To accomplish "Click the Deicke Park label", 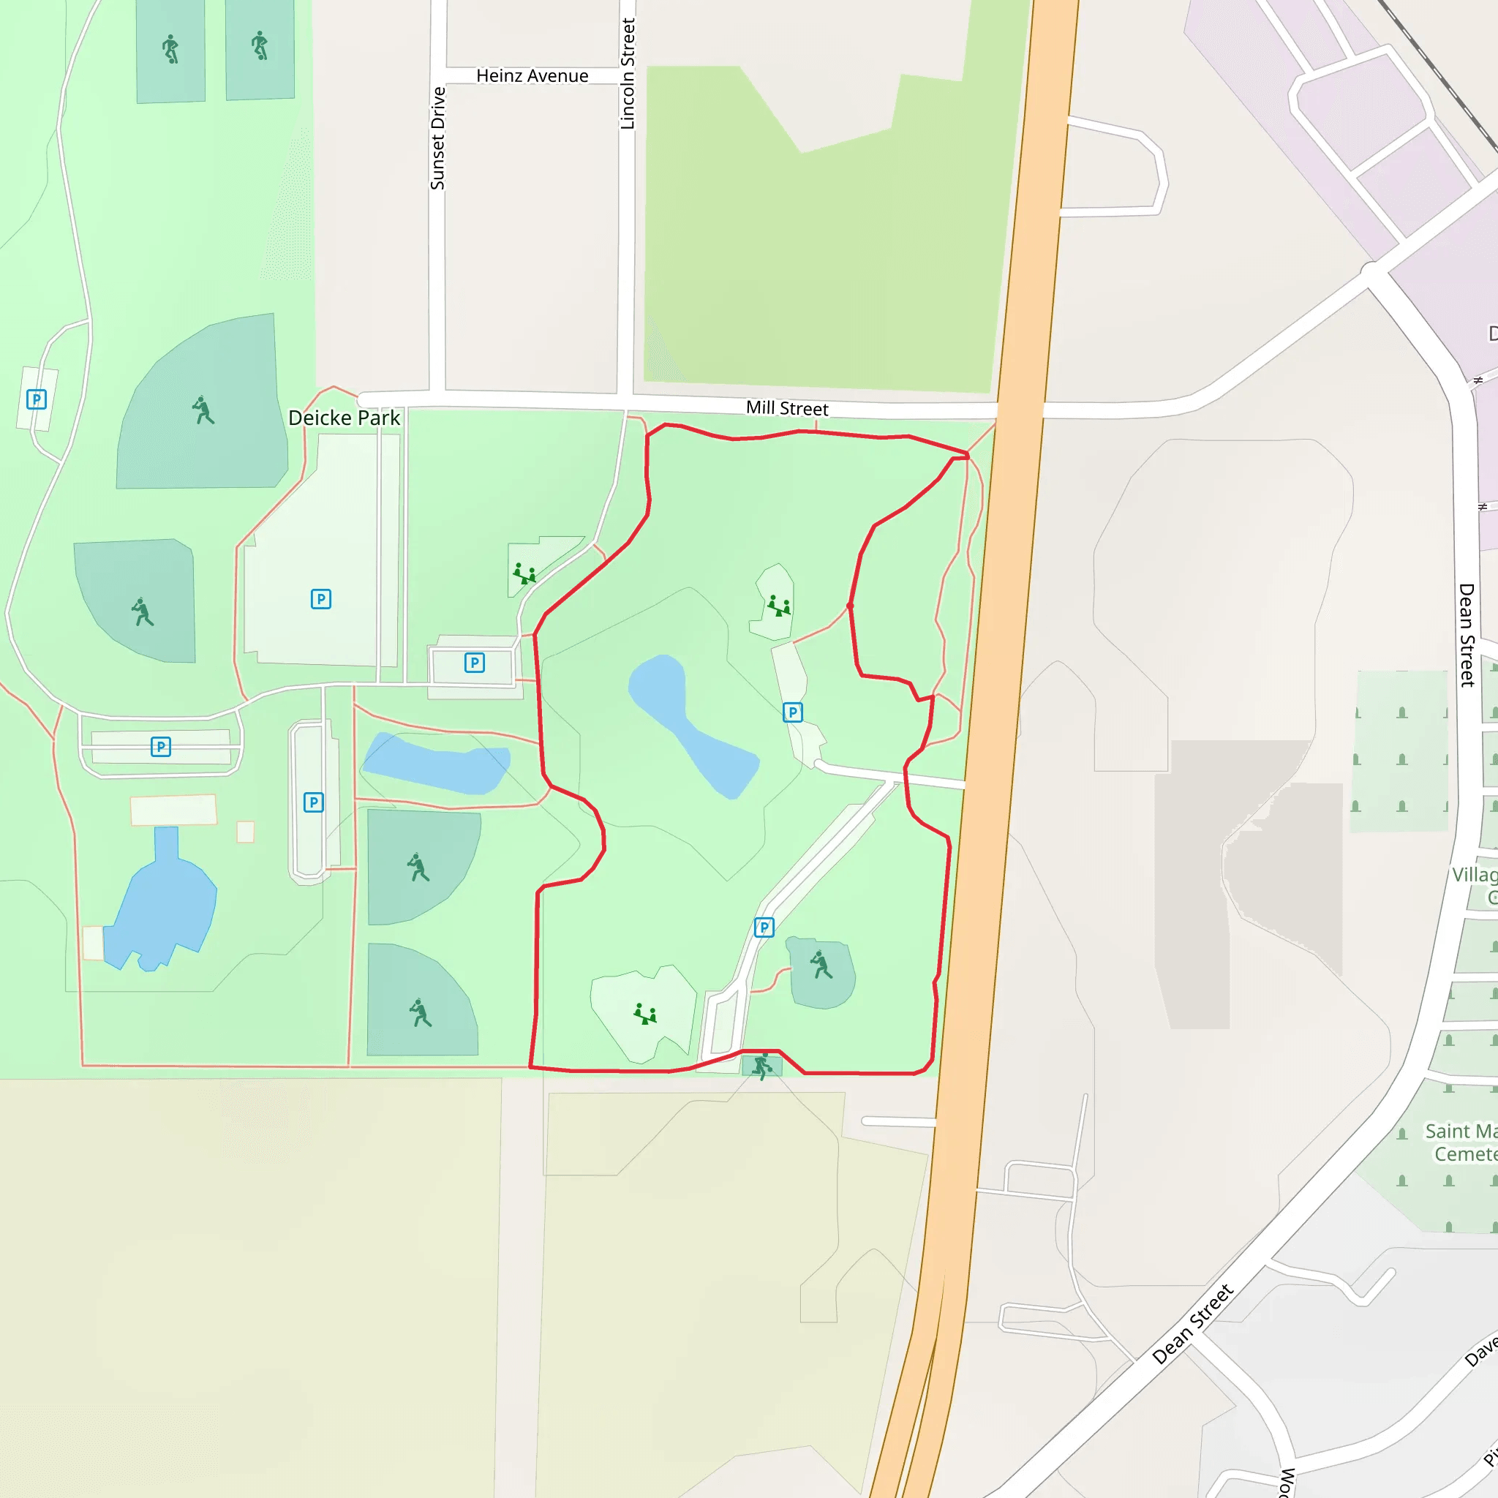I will pyautogui.click(x=344, y=418).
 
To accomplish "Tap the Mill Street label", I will pyautogui.click(x=786, y=409).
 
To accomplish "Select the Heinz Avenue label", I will pyautogui.click(x=532, y=76).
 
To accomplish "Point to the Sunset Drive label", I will pyautogui.click(x=437, y=138).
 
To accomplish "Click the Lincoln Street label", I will pyautogui.click(x=628, y=74).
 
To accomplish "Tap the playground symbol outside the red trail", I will pyautogui.click(x=524, y=574).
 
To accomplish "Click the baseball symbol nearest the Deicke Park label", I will pyautogui.click(x=203, y=410).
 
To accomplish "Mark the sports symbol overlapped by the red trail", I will pyautogui.click(x=762, y=1066).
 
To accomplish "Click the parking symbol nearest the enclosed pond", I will pyautogui.click(x=791, y=712).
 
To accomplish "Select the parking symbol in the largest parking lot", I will pyautogui.click(x=320, y=598).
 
